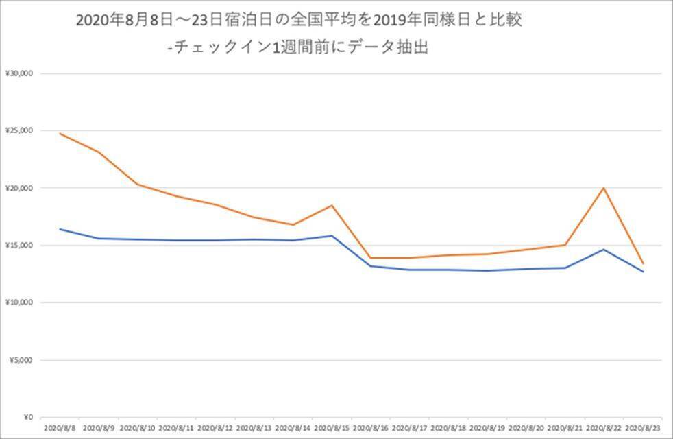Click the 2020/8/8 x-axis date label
point(60,428)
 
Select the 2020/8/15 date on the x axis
point(332,428)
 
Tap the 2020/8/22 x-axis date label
point(604,428)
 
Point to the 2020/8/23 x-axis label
point(643,428)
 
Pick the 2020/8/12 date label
point(215,428)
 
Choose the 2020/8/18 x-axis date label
point(448,428)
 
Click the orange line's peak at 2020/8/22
point(604,188)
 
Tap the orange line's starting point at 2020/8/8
point(60,134)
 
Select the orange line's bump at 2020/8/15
point(332,205)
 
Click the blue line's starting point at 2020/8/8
point(60,229)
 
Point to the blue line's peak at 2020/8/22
point(604,250)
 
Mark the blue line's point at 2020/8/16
point(371,266)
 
